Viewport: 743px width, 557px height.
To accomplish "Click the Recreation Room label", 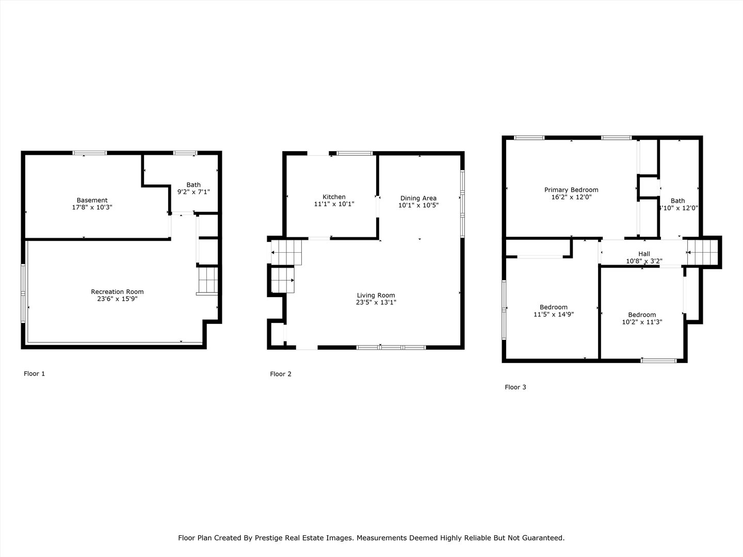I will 117,291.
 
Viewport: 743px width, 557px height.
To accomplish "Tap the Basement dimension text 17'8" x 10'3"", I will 92,207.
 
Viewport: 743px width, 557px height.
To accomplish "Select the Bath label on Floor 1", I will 193,185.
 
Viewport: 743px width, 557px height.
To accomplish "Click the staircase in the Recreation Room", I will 207,280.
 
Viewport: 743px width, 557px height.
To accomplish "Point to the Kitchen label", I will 334,196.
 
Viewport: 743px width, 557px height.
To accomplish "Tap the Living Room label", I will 376,295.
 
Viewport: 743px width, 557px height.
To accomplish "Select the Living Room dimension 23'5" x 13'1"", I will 376,303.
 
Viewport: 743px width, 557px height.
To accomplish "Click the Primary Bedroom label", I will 571,190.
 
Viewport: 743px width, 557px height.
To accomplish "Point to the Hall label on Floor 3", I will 644,254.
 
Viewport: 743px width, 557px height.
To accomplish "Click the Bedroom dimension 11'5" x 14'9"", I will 553,314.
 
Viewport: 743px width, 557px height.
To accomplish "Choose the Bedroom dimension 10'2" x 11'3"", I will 641,322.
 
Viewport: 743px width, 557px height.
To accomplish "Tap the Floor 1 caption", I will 34,373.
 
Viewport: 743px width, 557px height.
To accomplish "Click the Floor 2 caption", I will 281,374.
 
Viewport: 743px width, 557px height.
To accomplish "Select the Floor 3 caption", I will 515,387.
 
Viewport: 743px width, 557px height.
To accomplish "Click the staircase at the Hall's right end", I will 703,252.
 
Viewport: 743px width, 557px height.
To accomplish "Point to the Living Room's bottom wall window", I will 391,348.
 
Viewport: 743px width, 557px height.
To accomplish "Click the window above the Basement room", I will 90,153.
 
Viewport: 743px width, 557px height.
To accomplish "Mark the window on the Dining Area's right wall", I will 462,203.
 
